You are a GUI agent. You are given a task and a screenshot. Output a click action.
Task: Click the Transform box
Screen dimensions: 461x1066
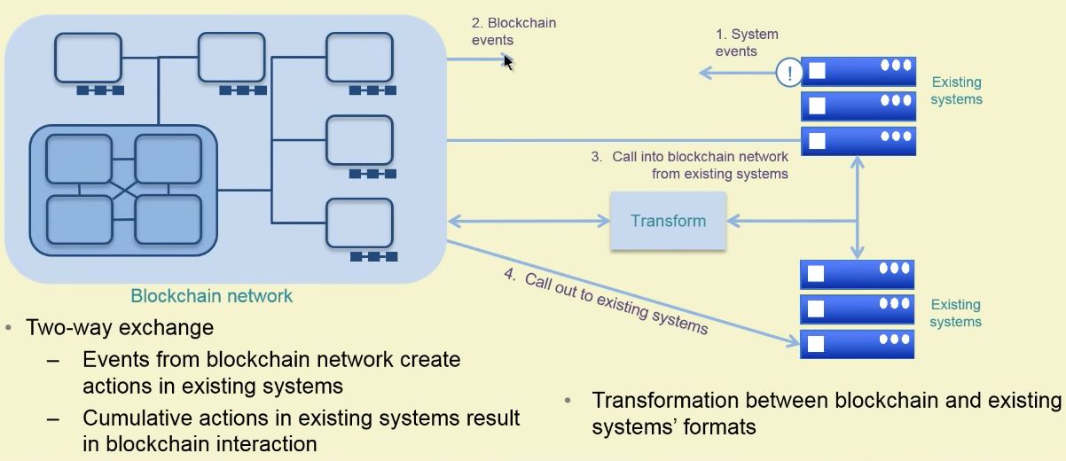coord(668,220)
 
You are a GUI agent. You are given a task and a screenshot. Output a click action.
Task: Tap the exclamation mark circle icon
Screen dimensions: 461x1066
coord(788,73)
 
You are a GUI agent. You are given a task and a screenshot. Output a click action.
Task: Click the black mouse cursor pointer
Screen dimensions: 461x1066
coord(508,61)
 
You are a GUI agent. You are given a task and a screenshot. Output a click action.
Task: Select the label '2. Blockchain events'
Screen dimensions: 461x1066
coord(513,31)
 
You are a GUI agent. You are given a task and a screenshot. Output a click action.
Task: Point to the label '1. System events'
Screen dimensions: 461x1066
coord(747,43)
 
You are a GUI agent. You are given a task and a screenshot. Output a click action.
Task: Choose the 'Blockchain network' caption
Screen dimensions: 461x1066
coord(211,295)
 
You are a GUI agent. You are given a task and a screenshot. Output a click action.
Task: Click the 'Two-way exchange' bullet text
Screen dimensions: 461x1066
coord(120,327)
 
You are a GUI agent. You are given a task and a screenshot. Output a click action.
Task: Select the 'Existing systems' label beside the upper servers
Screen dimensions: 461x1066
coord(956,90)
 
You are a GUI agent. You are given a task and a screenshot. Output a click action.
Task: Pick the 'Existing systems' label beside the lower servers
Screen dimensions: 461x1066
coord(956,313)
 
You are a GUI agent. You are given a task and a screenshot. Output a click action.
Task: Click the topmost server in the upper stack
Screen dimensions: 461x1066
coord(858,72)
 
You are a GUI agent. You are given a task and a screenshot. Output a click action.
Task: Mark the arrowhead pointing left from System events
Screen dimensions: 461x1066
coord(704,74)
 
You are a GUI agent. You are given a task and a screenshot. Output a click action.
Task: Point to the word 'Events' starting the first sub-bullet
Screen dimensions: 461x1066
coord(114,360)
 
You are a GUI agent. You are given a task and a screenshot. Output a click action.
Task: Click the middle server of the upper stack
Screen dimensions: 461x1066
coord(858,106)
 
